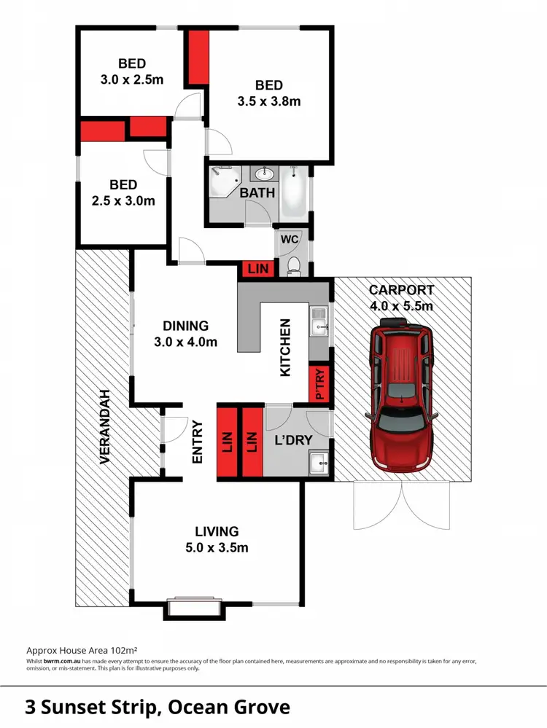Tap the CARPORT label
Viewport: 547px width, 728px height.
point(402,297)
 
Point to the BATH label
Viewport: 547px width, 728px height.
point(258,193)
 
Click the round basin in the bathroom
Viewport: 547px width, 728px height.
point(265,174)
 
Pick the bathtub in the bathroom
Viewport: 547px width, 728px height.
point(295,192)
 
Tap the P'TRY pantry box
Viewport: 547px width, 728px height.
point(320,385)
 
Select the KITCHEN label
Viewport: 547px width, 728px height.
point(286,348)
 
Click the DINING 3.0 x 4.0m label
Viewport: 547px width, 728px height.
point(185,334)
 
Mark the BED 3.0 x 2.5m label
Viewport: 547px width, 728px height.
point(132,71)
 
